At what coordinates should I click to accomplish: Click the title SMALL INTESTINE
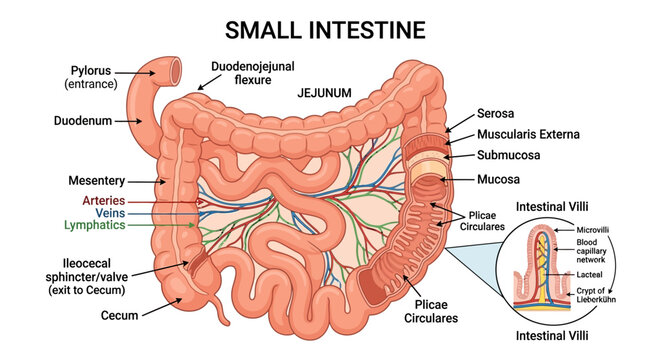click(x=325, y=30)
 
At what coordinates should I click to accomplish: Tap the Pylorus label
click(x=90, y=70)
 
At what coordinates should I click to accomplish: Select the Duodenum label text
click(x=83, y=121)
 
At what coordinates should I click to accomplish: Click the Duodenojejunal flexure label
click(x=253, y=73)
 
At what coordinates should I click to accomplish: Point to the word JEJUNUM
click(x=324, y=93)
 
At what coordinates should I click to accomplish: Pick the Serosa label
click(x=495, y=113)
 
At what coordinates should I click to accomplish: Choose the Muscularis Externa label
click(x=528, y=134)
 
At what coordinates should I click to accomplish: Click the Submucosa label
click(x=508, y=155)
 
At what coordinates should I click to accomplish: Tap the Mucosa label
click(x=498, y=179)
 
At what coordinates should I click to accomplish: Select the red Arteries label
click(x=103, y=200)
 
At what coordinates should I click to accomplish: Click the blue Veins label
click(x=110, y=213)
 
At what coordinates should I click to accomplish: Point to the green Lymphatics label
click(x=94, y=225)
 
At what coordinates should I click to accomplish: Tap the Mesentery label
click(x=97, y=181)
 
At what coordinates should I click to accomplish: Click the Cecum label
click(x=119, y=316)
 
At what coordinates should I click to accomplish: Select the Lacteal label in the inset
click(x=589, y=274)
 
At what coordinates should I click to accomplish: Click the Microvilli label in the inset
click(x=592, y=230)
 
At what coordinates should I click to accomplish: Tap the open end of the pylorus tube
click(x=176, y=70)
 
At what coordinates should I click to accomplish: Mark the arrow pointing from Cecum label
click(x=162, y=307)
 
